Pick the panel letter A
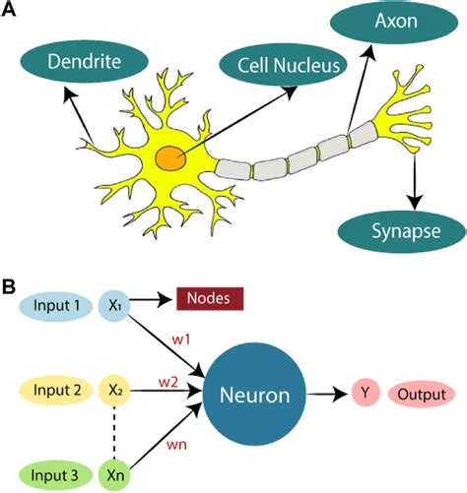(x=9, y=10)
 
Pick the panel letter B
(x=9, y=287)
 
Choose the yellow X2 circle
(x=115, y=391)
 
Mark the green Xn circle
(x=115, y=473)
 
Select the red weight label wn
(x=175, y=444)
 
